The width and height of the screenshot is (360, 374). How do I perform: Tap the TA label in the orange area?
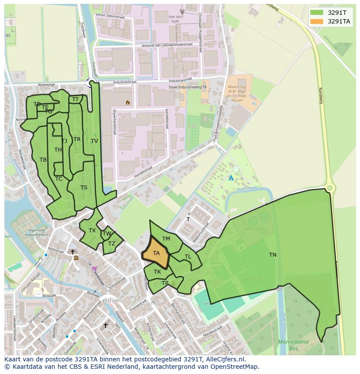click(x=157, y=253)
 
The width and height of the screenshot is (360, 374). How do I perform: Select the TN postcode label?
click(x=273, y=255)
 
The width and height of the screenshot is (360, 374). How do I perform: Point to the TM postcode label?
click(x=166, y=239)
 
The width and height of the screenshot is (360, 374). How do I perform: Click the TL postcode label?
click(x=188, y=257)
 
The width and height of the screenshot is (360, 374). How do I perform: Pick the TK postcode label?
click(x=157, y=272)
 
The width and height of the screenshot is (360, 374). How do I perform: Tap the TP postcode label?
click(x=165, y=283)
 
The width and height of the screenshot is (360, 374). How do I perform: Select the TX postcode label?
click(x=92, y=231)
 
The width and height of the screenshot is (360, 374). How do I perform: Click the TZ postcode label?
click(x=112, y=244)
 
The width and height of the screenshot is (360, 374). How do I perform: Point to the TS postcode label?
click(x=84, y=188)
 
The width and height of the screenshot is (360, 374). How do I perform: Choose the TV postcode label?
click(x=94, y=141)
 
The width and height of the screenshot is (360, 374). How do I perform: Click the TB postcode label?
click(x=43, y=160)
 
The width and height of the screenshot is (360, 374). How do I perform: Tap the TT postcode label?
click(x=76, y=99)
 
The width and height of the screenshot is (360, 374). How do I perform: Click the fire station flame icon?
click(x=127, y=103)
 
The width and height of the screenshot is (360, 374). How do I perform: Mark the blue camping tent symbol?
click(x=231, y=178)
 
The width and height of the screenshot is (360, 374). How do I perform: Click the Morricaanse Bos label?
click(x=293, y=345)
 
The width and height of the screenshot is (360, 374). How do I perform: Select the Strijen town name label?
click(x=112, y=301)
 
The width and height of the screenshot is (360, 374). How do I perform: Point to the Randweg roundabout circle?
click(x=330, y=188)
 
